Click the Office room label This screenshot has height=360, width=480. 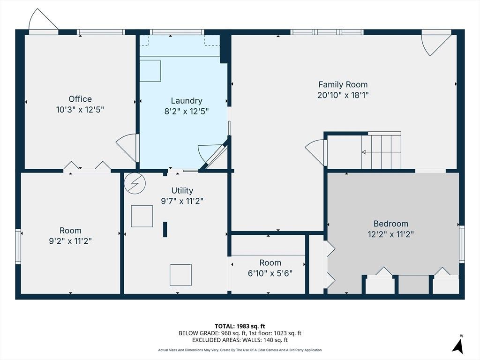pos(80,99)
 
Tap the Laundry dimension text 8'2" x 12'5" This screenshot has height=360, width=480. pos(187,111)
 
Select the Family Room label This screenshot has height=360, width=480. pos(343,84)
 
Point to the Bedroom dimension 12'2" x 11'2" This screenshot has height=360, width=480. pos(390,234)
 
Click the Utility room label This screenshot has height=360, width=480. pos(182,190)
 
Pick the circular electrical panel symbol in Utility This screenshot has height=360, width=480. pos(135,183)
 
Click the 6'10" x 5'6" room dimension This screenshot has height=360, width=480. pos(270,273)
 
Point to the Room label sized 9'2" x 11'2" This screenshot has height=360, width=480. pos(70,231)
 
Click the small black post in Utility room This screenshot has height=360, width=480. pos(165,229)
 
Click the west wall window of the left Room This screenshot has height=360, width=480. pos(18,247)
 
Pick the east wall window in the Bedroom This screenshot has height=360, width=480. pos(462,244)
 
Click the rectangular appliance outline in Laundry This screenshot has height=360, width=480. pos(150,71)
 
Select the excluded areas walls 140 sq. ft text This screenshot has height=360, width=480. pos(240,340)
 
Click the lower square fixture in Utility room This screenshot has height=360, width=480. pos(180,275)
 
